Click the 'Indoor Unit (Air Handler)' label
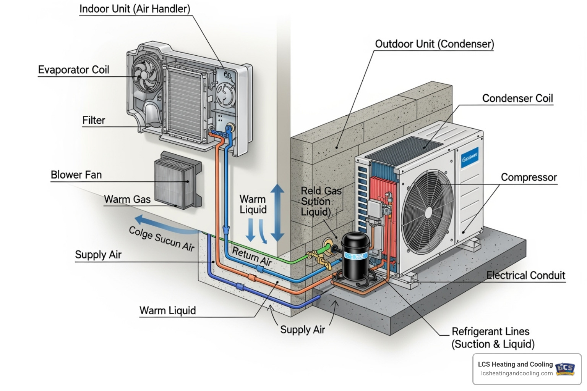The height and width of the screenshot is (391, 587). point(135,9)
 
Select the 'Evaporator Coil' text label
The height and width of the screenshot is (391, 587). point(73,70)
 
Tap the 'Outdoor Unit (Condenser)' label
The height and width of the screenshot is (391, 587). point(434,44)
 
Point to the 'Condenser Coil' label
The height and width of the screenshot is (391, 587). point(517,99)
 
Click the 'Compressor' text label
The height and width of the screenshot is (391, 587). point(529,178)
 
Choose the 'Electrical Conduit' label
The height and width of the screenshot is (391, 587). point(525,275)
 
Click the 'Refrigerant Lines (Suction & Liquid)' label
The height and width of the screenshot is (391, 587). point(493,338)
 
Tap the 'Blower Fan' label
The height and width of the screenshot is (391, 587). point(76,175)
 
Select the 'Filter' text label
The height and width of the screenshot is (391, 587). point(94,120)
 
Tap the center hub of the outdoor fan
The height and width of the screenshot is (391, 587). point(428,213)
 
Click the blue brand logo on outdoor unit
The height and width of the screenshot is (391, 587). point(469,157)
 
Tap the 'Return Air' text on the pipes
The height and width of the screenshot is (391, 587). point(251,256)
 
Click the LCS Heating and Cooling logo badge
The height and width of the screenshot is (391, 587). point(565,368)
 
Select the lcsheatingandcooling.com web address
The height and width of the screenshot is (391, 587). point(517,373)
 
